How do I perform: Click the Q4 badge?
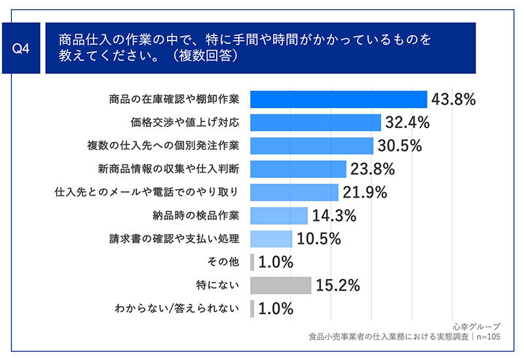coord(21,48)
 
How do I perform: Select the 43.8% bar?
coord(339,99)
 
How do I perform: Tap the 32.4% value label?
coord(407,122)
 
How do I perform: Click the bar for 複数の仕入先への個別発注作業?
coord(312,145)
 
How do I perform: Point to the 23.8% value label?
coord(372,169)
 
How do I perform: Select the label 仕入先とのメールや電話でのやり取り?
coord(147,192)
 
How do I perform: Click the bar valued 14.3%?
coord(279,215)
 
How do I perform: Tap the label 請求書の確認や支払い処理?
coord(174,239)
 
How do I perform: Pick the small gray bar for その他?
coord(252,262)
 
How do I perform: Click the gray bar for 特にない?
coord(281,285)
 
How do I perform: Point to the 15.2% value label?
coord(338,285)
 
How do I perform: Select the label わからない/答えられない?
coord(177,308)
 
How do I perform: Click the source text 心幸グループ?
coord(477,326)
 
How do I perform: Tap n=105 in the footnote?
coord(488,336)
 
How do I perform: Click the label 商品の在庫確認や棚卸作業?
coord(174,99)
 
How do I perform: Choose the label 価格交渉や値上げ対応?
coord(185,122)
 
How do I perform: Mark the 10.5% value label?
coord(319,239)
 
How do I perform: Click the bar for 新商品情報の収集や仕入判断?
coord(298,169)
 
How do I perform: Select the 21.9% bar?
coord(294,192)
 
